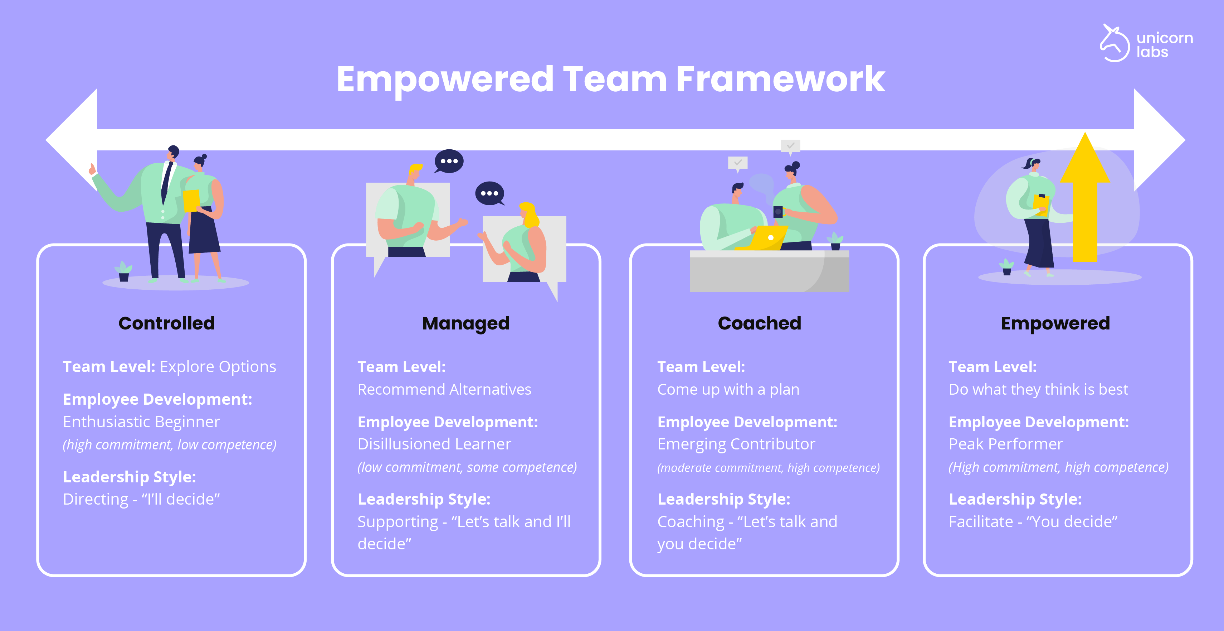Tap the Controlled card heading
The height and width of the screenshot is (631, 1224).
pos(167,323)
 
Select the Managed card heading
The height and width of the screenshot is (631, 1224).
pos(465,323)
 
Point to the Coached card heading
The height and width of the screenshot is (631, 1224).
pos(759,323)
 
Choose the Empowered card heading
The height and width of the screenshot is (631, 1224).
pos(1055,323)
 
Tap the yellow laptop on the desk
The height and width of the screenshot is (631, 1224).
pos(762,238)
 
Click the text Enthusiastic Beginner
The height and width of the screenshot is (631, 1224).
pos(141,422)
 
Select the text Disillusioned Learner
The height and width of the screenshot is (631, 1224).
pos(434,444)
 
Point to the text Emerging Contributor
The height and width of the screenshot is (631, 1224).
pos(736,444)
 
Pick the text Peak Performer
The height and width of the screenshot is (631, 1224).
pos(1005,444)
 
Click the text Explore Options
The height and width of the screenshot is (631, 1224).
pos(218,367)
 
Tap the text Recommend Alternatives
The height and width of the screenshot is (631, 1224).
pos(444,389)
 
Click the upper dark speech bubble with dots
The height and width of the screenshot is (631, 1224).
pos(449,161)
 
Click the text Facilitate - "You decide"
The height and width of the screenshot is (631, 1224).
pos(1033,522)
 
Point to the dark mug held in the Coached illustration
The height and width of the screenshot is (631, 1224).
pos(778,212)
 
